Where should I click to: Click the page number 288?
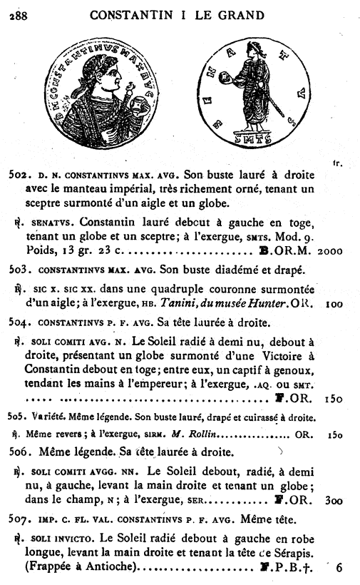(19, 16)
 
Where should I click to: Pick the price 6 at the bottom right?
(339, 569)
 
